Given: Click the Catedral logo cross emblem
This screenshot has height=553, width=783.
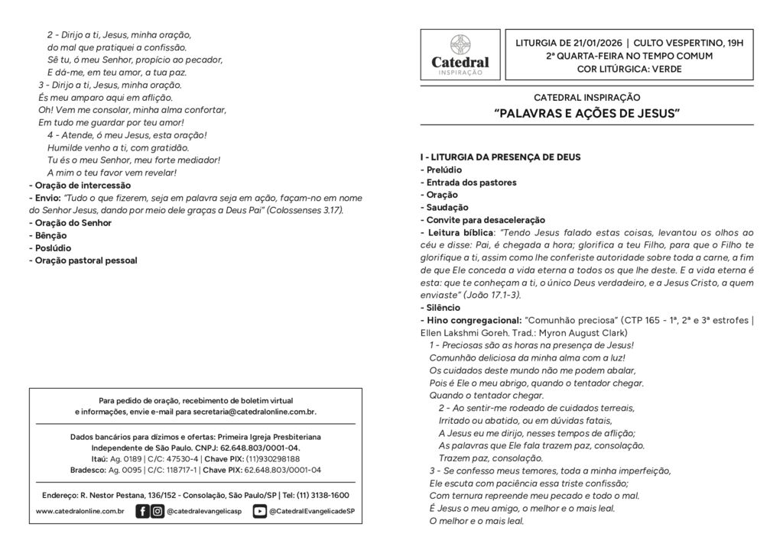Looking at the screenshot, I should tap(460, 44).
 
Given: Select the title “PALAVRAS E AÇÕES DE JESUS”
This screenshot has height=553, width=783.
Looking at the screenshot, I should tap(586, 114).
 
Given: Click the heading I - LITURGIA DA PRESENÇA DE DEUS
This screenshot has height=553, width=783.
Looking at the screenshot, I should tap(500, 157).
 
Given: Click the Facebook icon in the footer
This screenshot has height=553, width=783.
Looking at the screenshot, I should tap(142, 511).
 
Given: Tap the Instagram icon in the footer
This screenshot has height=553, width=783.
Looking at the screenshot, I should tap(157, 511).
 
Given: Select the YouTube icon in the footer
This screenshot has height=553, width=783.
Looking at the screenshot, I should tap(260, 511).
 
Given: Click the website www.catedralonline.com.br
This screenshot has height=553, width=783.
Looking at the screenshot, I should tap(80, 511).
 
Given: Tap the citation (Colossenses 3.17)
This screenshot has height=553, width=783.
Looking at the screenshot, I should tap(305, 210).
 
